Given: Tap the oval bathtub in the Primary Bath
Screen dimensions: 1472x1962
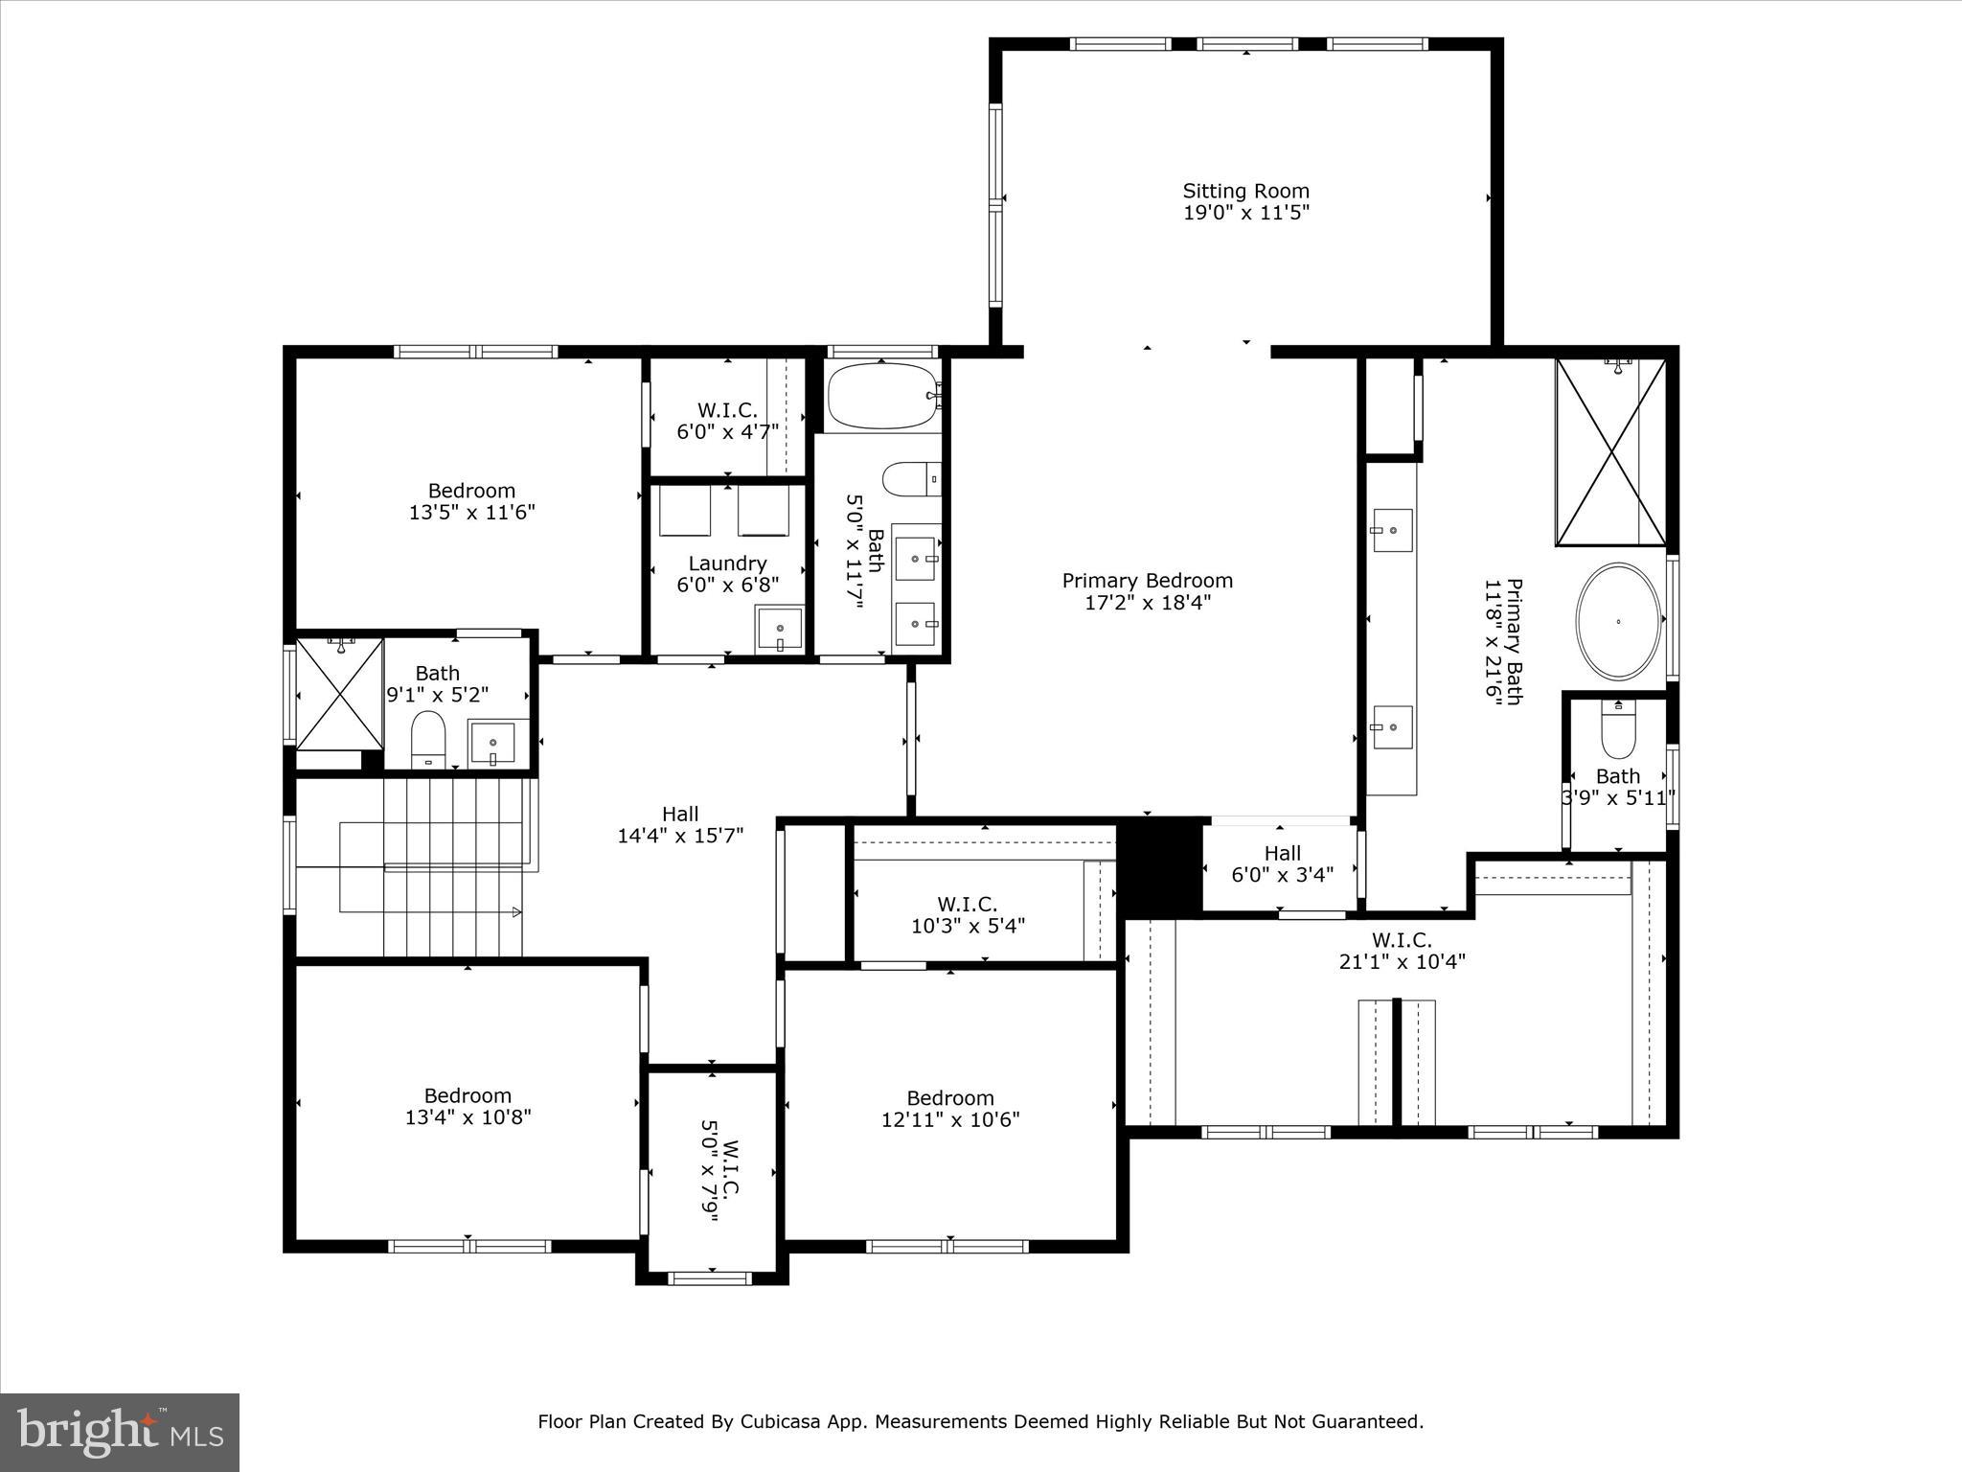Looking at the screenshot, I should [1618, 621].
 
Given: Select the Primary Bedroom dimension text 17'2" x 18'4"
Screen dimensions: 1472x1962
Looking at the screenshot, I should [1147, 603].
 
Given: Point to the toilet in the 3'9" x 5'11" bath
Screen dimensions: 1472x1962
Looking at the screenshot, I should [1618, 734].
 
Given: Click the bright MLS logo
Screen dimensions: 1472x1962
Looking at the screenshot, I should [120, 1432].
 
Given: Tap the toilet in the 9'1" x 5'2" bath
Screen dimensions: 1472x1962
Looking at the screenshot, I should [428, 740].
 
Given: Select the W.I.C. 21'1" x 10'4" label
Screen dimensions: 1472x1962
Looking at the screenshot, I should [1402, 951].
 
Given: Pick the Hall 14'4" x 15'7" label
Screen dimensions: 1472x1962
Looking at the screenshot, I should [680, 824].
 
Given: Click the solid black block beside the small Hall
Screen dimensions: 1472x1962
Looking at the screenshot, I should [1158, 865].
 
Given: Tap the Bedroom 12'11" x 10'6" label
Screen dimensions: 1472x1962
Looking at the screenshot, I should [950, 1109].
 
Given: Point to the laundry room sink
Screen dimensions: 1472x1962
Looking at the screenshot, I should [780, 629].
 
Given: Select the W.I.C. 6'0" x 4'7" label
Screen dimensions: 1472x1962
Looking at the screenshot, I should [727, 421].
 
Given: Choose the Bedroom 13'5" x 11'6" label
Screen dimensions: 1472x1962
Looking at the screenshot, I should [471, 501].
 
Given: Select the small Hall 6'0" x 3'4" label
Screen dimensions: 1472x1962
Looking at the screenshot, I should [1282, 862].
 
